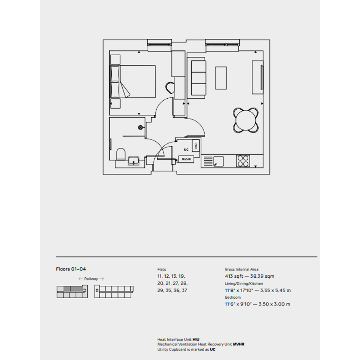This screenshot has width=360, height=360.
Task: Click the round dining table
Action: click(x=246, y=120)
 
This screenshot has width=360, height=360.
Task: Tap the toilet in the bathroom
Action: click(x=121, y=154)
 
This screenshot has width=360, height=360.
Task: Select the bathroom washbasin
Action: click(x=133, y=161)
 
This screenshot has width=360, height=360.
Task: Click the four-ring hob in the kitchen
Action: click(x=243, y=161)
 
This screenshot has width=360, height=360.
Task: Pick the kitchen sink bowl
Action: click(x=219, y=161)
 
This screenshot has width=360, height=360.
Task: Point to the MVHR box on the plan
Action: click(x=186, y=159)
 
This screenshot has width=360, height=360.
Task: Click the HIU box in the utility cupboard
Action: click(x=196, y=146)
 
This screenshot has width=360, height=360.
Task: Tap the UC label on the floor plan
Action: click(x=186, y=150)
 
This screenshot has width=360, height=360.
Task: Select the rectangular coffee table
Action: click(x=221, y=78)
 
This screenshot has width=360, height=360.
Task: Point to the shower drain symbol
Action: click(x=140, y=127)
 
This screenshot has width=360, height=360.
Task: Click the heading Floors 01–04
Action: click(x=71, y=269)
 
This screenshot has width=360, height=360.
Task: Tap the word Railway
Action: click(x=91, y=279)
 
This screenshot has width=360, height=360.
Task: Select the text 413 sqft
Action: click(x=234, y=276)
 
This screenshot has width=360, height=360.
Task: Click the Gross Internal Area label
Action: click(x=242, y=269)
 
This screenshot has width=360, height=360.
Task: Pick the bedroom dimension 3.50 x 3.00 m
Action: click(x=274, y=304)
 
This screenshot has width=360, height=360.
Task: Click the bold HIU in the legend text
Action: click(x=196, y=339)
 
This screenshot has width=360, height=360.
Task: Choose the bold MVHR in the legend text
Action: click(x=238, y=344)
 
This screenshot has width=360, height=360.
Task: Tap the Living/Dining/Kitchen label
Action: click(x=244, y=283)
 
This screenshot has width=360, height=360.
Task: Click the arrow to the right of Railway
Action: click(x=102, y=279)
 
